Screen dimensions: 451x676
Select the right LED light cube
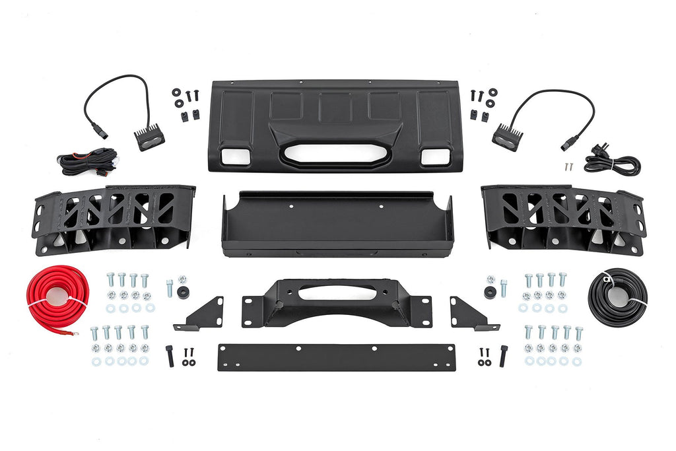point(508,138)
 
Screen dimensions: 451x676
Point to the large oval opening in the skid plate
point(337,153)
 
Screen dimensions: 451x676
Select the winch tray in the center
point(338,225)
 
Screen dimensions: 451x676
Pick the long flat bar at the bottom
point(336,357)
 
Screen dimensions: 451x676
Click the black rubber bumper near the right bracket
point(490,292)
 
